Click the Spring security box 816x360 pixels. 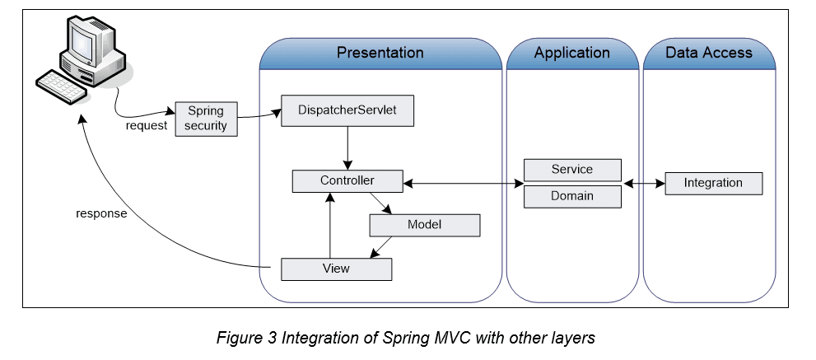tap(206, 119)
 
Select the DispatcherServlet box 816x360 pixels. tap(347, 111)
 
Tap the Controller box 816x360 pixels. tap(347, 180)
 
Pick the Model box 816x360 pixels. tap(424, 225)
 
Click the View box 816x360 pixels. tap(336, 269)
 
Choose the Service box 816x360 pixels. tap(571, 170)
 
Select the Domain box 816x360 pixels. tap(571, 196)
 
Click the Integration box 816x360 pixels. tap(713, 183)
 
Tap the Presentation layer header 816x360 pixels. tap(380, 54)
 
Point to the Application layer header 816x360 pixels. tap(571, 54)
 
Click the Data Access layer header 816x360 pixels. tap(708, 54)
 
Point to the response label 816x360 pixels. tap(101, 213)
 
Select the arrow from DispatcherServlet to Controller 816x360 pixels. tap(347, 148)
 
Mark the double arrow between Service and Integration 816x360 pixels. tap(644, 183)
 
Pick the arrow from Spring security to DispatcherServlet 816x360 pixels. tap(259, 115)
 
